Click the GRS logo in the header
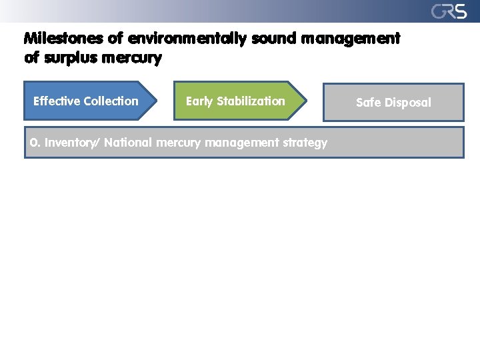point(448,11)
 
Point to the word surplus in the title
point(72,58)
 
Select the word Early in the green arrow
point(199,101)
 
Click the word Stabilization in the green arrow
point(251,101)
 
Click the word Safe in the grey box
point(369,103)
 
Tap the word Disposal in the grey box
point(408,103)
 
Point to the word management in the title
point(351,39)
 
